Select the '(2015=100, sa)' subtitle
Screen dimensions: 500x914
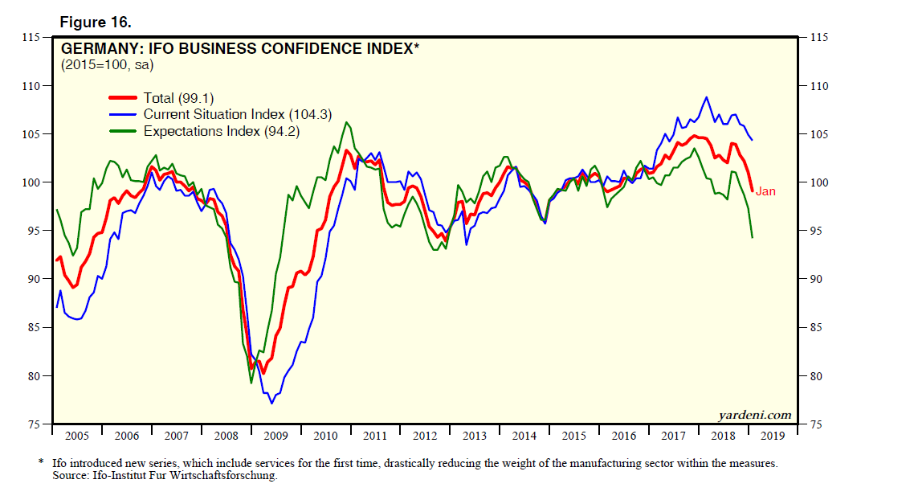click(x=106, y=64)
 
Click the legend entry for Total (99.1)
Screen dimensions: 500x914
click(x=178, y=98)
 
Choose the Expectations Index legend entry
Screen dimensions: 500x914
click(x=221, y=131)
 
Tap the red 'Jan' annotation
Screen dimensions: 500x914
click(x=765, y=191)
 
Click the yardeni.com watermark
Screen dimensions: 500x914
click(x=753, y=415)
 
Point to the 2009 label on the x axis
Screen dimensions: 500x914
click(x=275, y=436)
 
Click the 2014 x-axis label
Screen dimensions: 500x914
click(x=524, y=436)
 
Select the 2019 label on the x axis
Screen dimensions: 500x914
click(x=773, y=436)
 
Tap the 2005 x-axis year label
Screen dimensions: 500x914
click(x=77, y=436)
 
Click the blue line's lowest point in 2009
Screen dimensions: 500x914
click(x=271, y=402)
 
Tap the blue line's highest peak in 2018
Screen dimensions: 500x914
click(x=706, y=97)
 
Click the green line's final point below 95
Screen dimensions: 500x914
click(x=752, y=237)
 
